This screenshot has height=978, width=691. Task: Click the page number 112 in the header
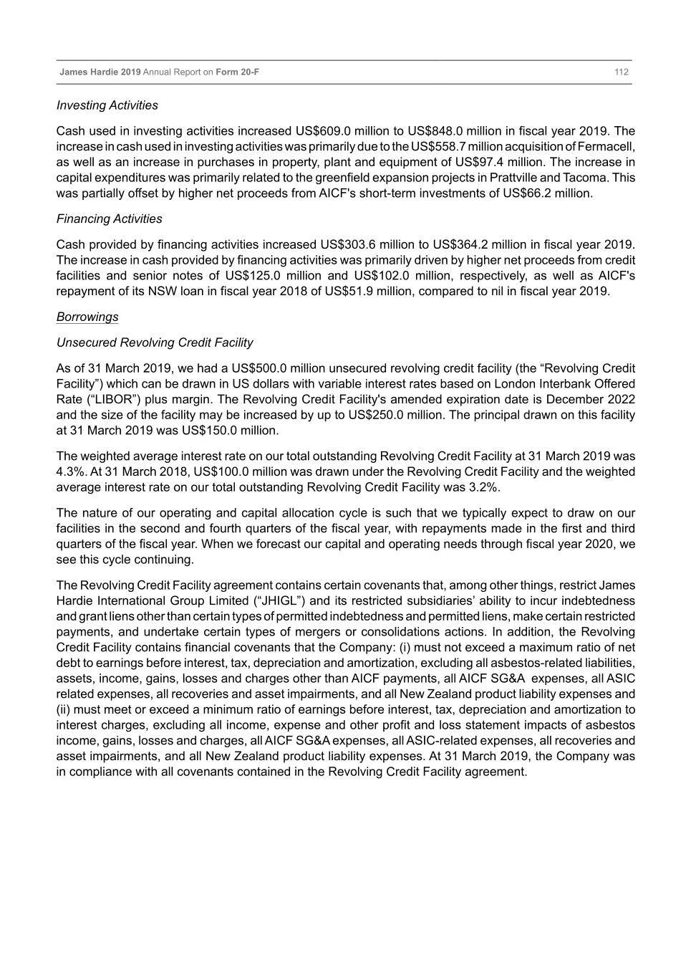621,72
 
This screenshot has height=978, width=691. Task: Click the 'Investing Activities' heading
107,105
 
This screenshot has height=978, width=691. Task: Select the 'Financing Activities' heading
110,219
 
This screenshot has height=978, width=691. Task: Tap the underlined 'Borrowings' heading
87,317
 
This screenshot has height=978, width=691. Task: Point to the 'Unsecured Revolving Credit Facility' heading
155,342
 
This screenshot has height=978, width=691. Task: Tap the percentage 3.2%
484,488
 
